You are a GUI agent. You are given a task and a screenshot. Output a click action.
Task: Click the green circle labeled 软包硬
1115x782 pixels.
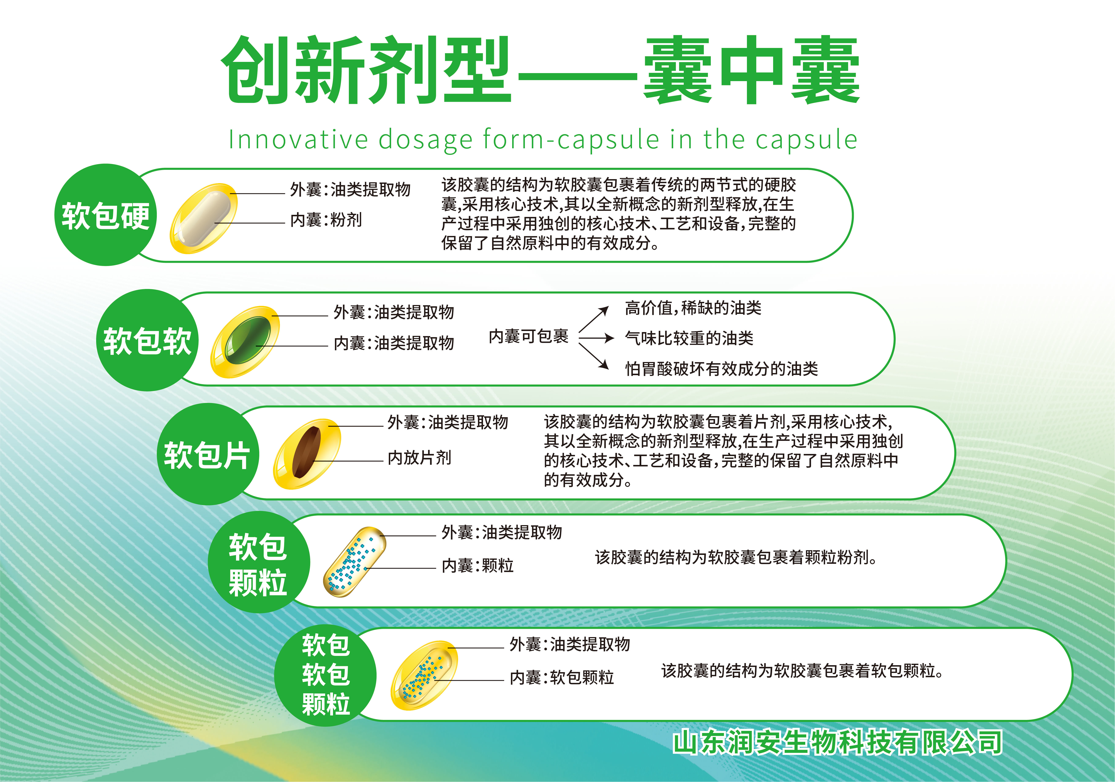click(x=105, y=215)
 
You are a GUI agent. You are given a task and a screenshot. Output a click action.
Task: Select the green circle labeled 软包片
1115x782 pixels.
click(x=208, y=454)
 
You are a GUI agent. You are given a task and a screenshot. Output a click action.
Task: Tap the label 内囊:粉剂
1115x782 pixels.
click(x=326, y=220)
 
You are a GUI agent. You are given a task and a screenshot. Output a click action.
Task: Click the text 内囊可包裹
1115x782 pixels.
click(x=528, y=336)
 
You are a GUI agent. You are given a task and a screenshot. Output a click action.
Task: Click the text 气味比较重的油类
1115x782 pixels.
click(x=689, y=338)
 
